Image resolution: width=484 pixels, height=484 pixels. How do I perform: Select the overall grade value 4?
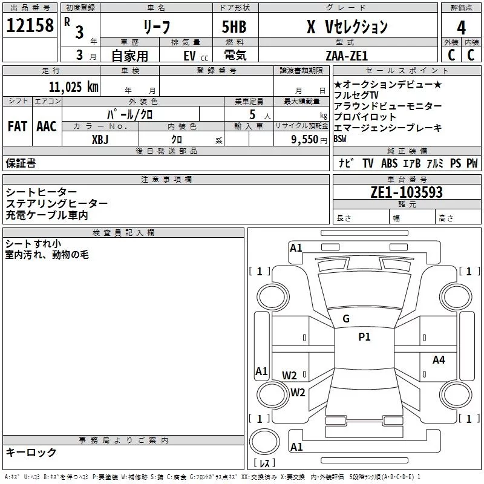[461, 27]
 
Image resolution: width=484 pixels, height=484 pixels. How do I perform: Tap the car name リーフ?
[155, 27]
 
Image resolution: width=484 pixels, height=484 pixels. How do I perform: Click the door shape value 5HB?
[234, 27]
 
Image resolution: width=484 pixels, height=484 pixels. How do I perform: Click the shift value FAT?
[17, 126]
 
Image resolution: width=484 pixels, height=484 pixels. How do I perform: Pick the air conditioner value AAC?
[46, 126]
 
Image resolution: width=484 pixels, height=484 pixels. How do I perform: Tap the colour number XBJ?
[100, 139]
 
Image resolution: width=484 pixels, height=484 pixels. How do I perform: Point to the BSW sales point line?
[340, 139]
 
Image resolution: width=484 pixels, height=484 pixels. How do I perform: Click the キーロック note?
[31, 452]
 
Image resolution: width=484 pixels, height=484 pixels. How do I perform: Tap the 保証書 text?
[21, 163]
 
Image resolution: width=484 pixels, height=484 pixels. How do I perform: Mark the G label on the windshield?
[346, 319]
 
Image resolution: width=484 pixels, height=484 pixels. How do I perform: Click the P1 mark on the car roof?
[364, 337]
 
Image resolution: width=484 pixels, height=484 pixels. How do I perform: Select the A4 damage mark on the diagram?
[439, 360]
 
